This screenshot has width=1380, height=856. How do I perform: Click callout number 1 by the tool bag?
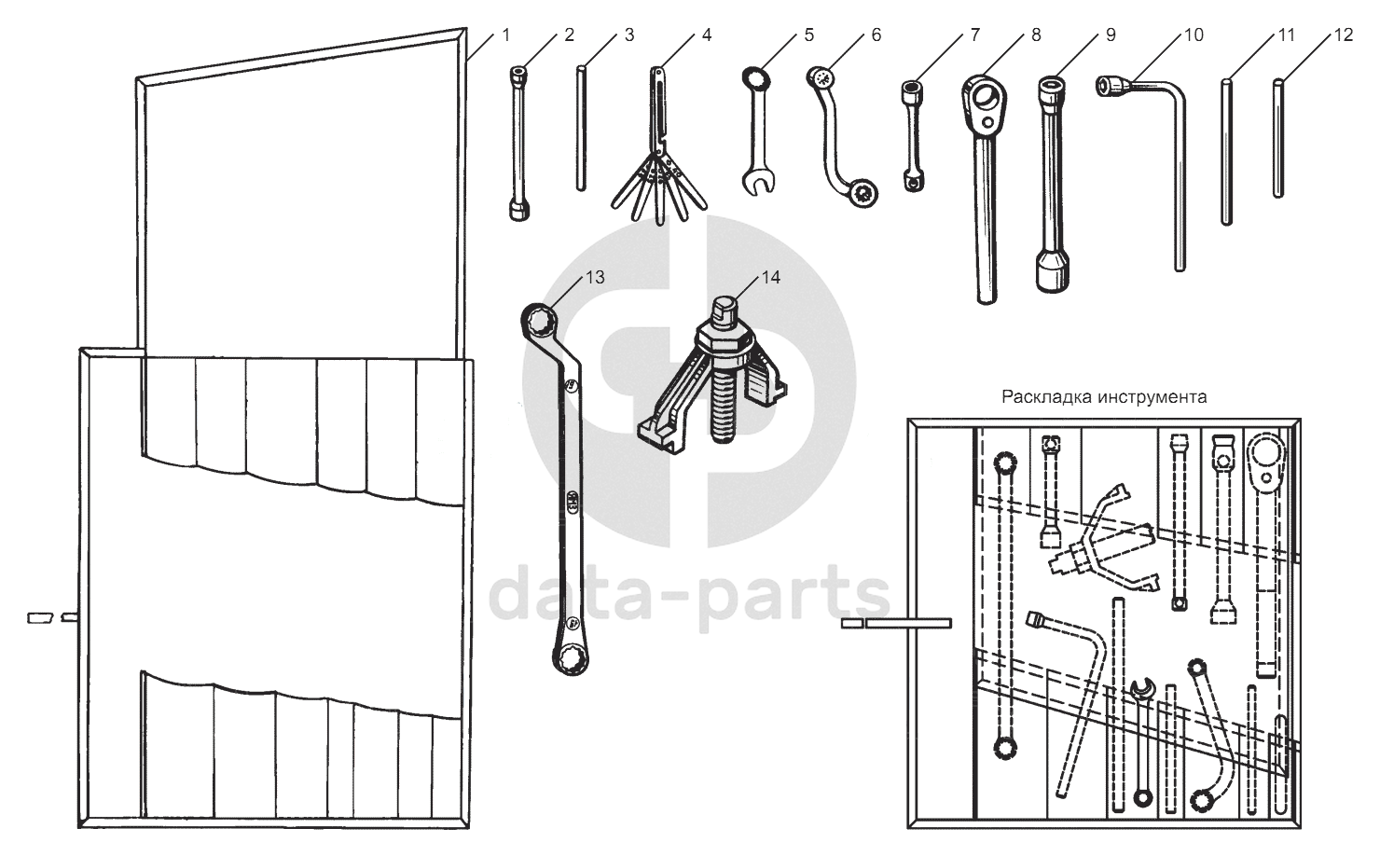click(505, 35)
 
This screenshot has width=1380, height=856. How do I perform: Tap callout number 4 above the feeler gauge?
click(707, 35)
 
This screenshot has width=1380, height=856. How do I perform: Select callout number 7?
click(974, 35)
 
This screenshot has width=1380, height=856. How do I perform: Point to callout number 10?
click(1194, 35)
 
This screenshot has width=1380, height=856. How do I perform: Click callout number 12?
click(1344, 35)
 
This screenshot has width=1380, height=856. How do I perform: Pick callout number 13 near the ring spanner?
click(595, 278)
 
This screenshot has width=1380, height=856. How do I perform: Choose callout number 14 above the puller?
click(771, 278)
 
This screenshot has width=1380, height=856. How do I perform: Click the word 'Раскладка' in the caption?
click(1047, 397)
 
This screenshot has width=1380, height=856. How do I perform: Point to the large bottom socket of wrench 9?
click(1052, 271)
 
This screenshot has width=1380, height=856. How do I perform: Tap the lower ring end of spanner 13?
click(571, 660)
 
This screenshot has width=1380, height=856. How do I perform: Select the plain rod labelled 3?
click(580, 128)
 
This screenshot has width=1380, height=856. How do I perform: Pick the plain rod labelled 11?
click(1226, 152)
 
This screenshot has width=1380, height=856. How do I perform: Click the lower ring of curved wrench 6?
click(863, 196)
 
